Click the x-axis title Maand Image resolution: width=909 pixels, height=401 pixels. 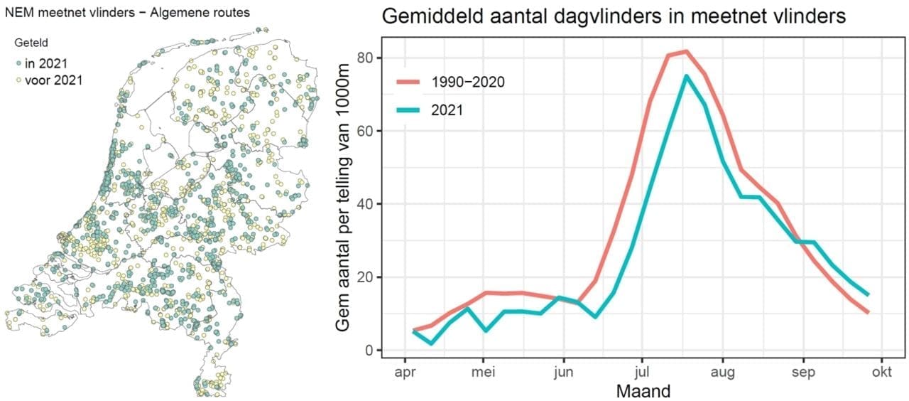point(643,390)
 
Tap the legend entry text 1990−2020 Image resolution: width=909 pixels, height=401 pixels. point(468,82)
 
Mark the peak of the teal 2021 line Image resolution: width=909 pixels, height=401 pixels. point(686,76)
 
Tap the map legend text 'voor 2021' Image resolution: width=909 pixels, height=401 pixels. point(53,80)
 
